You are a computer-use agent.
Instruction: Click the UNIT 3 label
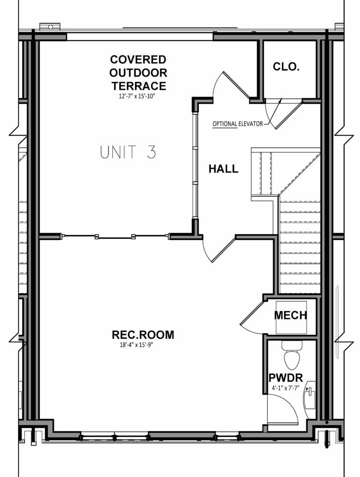click(x=127, y=152)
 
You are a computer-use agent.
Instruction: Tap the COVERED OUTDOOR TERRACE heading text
click(x=138, y=73)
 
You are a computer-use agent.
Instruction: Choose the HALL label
click(x=223, y=169)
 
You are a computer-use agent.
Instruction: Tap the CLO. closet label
click(x=286, y=67)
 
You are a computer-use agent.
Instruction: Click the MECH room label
click(x=291, y=316)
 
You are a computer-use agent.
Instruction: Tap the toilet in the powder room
click(x=291, y=356)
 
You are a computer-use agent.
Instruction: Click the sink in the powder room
click(x=309, y=396)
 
